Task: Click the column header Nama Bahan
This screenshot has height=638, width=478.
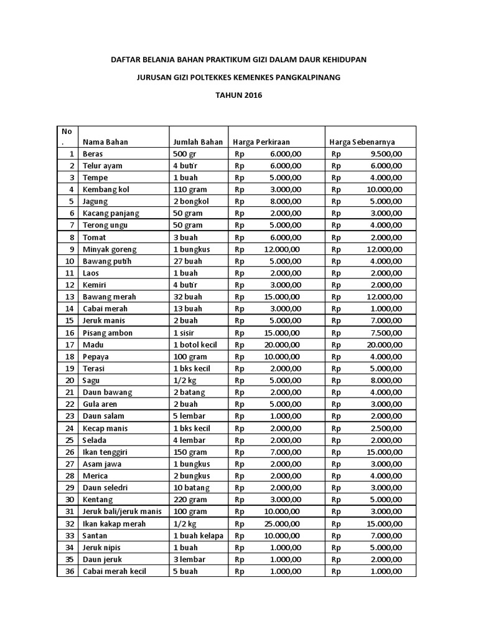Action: coord(105,142)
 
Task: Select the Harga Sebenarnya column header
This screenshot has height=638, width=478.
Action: coord(362,142)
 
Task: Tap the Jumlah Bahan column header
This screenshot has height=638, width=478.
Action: coord(197,142)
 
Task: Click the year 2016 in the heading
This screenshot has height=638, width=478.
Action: coord(252,95)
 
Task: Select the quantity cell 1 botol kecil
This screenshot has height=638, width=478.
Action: coord(199,345)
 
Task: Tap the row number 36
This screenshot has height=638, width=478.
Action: coord(70,571)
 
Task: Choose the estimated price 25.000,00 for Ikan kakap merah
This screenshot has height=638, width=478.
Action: coord(281,524)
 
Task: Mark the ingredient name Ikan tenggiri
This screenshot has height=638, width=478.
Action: coord(106,452)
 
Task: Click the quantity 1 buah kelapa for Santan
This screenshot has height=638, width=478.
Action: coord(199,536)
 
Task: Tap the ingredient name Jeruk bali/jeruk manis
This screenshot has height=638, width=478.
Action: coord(122,512)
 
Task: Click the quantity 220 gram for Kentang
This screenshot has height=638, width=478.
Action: coord(191,500)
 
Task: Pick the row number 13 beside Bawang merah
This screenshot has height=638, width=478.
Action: coord(70,297)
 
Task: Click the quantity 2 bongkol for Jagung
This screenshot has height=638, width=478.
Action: coord(192,201)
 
